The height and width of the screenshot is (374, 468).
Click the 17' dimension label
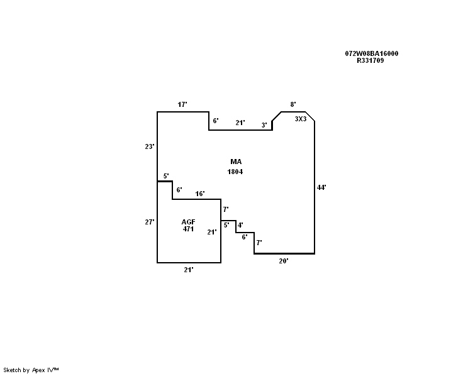[x=182, y=104]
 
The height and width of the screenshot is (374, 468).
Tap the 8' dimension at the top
[x=293, y=104]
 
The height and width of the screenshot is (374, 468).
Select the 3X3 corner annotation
[x=301, y=119]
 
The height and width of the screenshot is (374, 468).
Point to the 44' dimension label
[x=321, y=187]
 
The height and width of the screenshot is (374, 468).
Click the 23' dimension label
[x=150, y=146]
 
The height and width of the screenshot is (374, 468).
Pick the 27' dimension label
[x=150, y=222]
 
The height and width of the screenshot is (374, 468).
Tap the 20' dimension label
[x=284, y=261]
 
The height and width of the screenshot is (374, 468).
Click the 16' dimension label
[x=200, y=194]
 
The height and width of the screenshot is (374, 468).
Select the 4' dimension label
[x=240, y=225]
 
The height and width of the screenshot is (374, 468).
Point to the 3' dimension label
[x=264, y=125]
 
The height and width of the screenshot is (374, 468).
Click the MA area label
[x=236, y=162]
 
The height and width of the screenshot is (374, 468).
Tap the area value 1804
[x=235, y=172]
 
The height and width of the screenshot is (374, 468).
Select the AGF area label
[x=188, y=222]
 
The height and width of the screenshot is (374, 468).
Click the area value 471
[x=188, y=229]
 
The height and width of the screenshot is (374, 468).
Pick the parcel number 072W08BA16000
[x=372, y=53]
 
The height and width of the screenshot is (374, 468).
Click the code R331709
[x=370, y=60]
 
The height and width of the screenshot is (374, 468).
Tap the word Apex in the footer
[x=38, y=370]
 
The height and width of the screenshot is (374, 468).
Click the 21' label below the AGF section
[x=188, y=270]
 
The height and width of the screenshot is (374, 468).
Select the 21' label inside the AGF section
[x=212, y=232]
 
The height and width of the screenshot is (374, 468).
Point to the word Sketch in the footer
[x=12, y=370]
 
